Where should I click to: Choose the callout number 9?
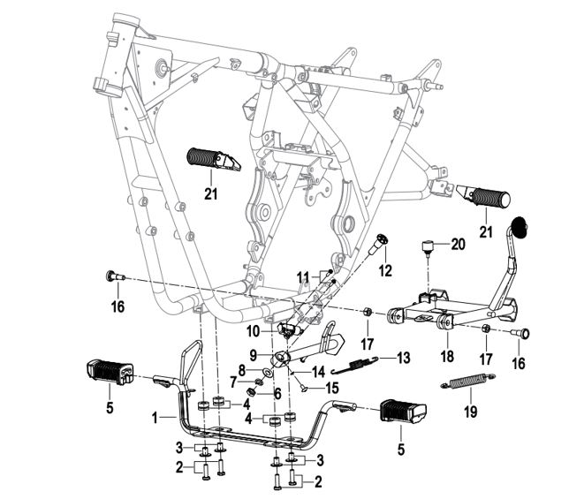click(x=252, y=353)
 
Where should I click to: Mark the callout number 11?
click(x=302, y=276)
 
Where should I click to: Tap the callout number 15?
click(x=332, y=387)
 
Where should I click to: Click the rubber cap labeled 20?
click(x=429, y=245)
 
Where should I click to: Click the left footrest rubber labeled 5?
click(x=108, y=373)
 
